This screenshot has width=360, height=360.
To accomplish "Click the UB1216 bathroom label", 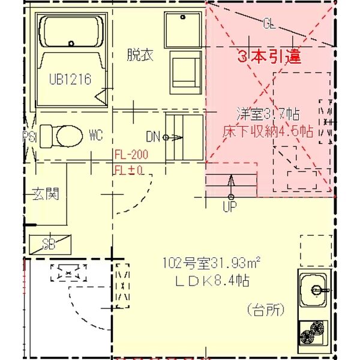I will click(70, 79).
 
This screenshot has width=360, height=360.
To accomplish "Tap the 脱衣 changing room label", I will click(140, 55).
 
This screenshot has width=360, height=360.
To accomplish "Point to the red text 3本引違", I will click(269, 58).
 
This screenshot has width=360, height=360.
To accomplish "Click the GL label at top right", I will click(269, 25).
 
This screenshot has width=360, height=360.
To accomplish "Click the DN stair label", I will click(153, 137).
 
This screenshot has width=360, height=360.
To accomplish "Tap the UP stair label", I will click(230, 207).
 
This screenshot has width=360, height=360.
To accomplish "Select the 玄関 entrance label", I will click(45, 194).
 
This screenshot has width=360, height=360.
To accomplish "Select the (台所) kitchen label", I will click(265, 310).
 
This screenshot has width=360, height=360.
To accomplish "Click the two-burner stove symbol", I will click(313, 332).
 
